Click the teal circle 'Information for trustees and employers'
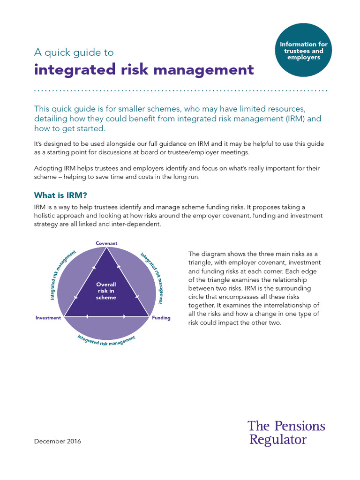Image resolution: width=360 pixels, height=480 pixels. point(304,51)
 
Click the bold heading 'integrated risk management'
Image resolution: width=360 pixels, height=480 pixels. point(144,69)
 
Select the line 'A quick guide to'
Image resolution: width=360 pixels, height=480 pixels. point(74,52)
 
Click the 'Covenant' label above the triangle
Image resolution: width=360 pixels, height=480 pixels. point(106,243)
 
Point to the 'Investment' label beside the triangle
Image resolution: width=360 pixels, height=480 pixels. point(48,318)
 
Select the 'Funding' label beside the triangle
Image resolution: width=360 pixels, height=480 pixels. point(161,318)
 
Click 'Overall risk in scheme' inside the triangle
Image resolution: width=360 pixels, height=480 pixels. point(106,291)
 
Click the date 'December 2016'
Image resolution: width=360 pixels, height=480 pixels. point(58,441)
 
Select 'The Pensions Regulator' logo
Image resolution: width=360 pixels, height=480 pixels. point(286,433)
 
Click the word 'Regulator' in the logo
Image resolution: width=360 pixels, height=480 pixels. point(278,440)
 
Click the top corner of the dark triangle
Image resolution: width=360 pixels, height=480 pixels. point(106,250)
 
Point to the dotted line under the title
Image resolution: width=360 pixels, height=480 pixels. point(180,90)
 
